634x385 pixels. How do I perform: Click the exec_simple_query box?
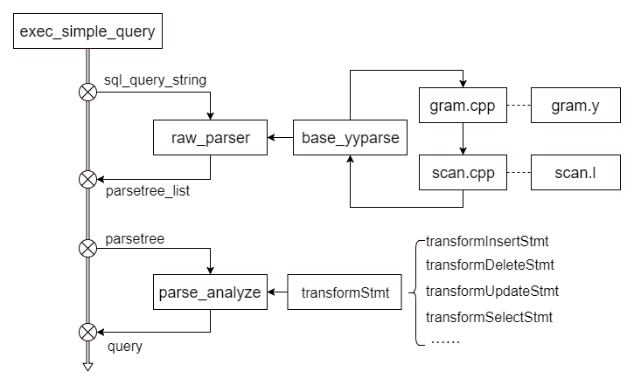click(x=87, y=33)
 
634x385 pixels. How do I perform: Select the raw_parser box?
click(x=209, y=138)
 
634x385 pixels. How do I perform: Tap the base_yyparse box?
click(x=350, y=138)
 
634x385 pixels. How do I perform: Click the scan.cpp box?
click(x=463, y=173)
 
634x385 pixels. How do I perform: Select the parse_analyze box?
click(x=210, y=292)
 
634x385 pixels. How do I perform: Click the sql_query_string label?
click(x=155, y=80)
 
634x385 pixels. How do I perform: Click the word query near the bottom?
click(x=125, y=346)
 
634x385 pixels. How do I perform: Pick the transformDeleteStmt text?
click(x=490, y=265)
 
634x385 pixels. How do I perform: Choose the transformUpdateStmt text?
click(x=491, y=291)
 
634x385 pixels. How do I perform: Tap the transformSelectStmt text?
click(x=489, y=316)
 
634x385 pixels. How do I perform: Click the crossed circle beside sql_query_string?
click(x=87, y=92)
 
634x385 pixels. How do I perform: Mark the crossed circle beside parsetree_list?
click(x=87, y=180)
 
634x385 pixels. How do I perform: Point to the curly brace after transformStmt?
click(x=411, y=292)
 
